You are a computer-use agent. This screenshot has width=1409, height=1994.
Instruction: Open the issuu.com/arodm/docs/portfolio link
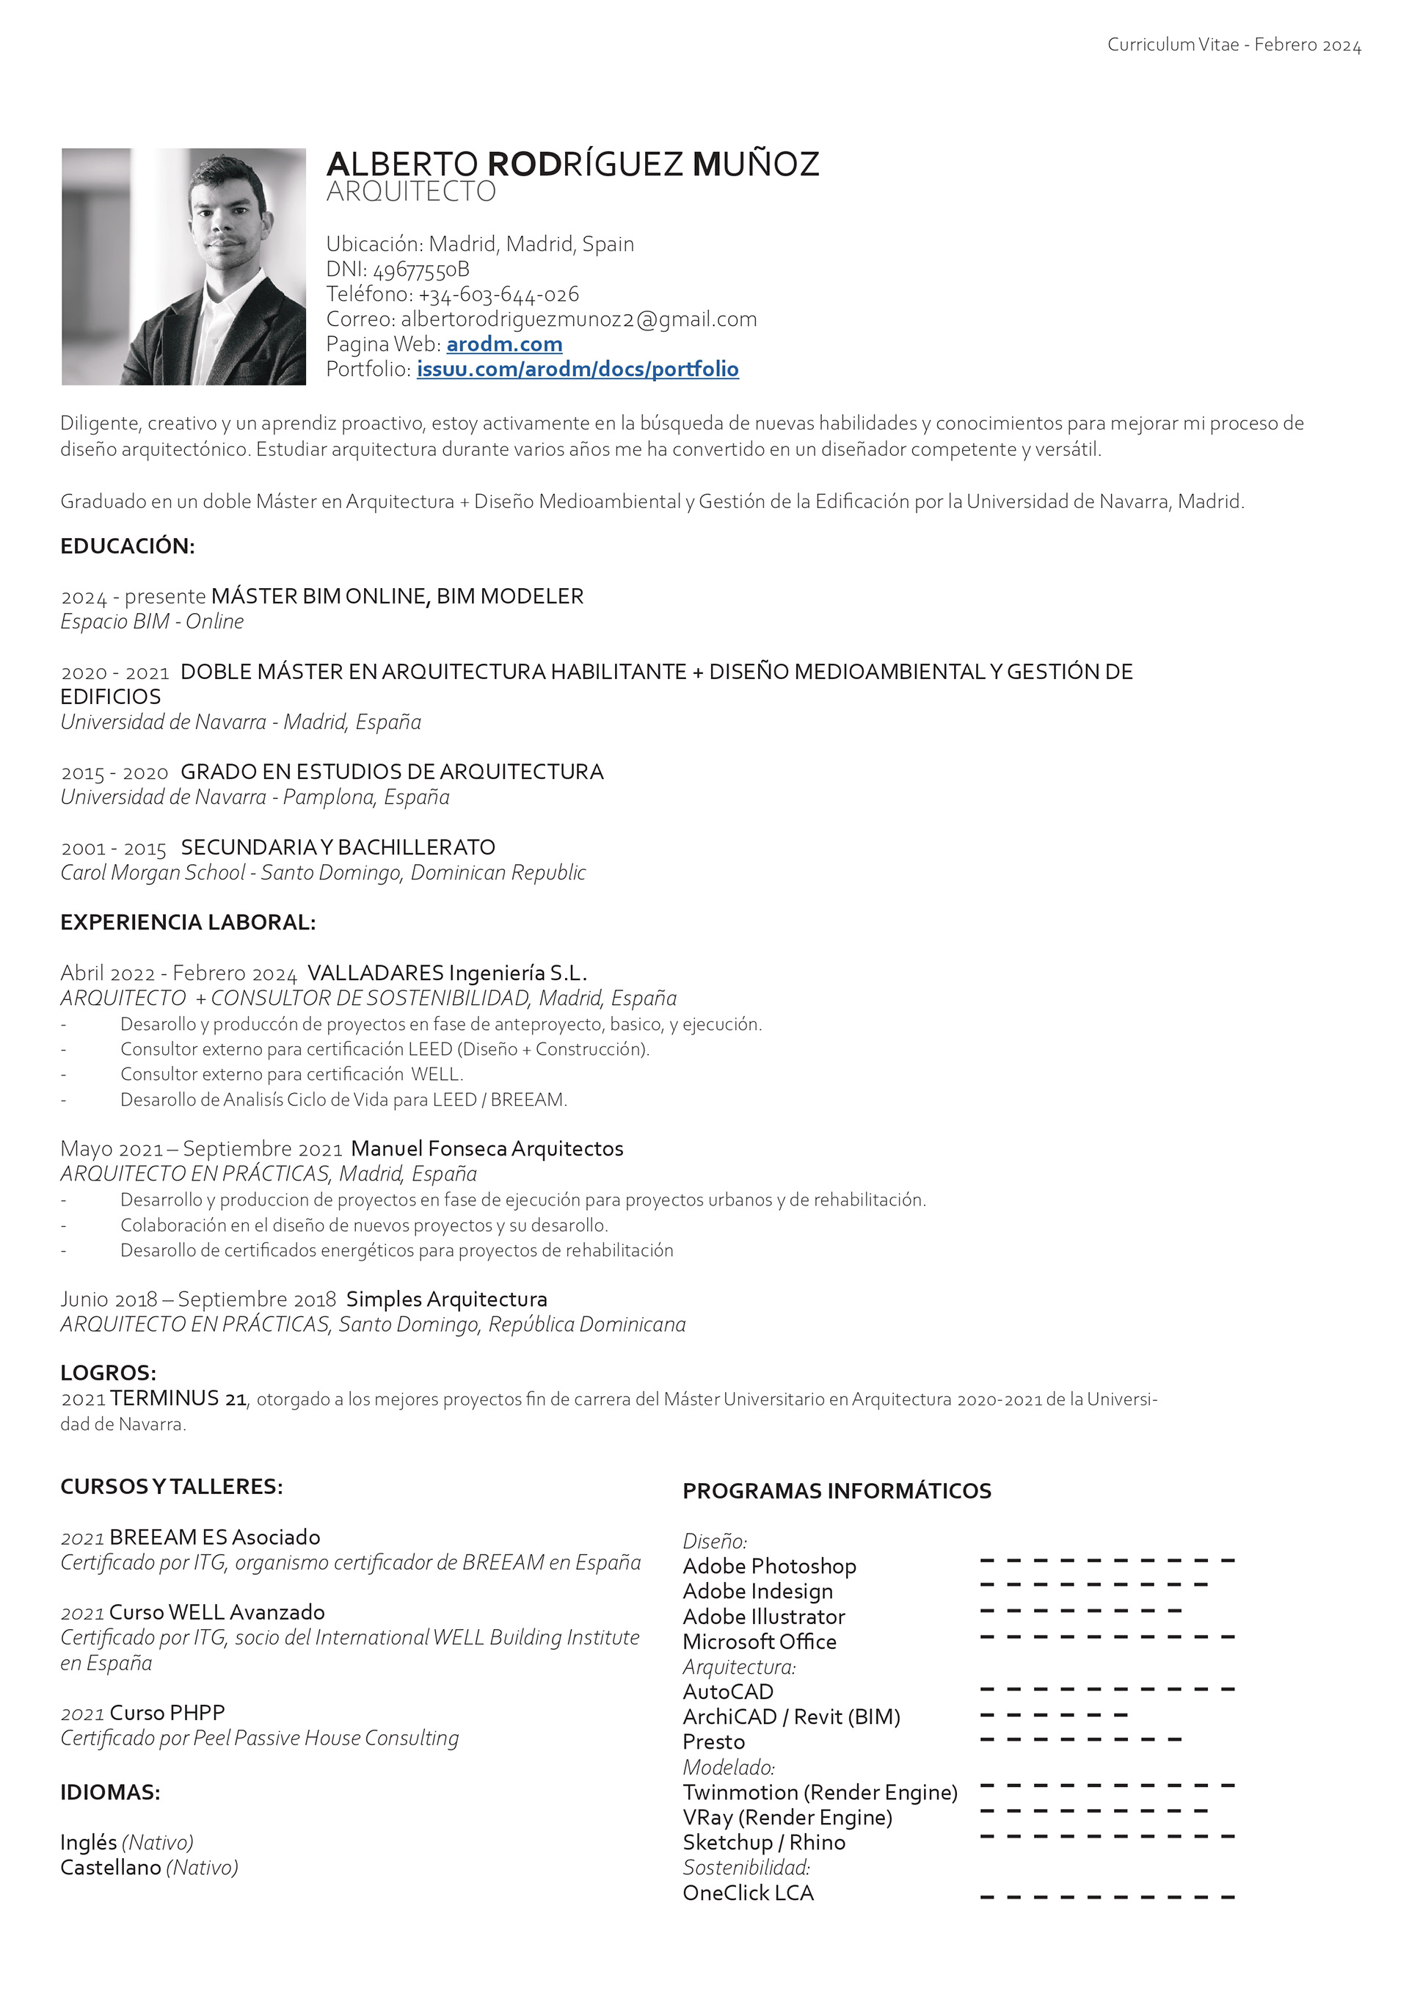click(x=578, y=369)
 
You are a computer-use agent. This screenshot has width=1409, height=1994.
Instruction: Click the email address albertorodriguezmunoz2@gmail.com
click(x=578, y=319)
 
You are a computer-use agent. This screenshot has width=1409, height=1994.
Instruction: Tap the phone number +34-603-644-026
click(x=498, y=294)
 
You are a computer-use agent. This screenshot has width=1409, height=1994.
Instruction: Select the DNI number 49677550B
click(x=421, y=269)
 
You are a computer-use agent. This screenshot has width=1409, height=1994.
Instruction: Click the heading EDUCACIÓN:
click(x=128, y=546)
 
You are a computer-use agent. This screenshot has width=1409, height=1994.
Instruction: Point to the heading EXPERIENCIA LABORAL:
click(x=188, y=922)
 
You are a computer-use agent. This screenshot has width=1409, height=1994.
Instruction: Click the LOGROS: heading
click(x=109, y=1372)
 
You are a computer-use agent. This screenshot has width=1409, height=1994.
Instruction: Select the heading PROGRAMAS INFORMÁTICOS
click(x=837, y=1491)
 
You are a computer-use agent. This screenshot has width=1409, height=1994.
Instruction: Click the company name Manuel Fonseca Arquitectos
click(x=487, y=1149)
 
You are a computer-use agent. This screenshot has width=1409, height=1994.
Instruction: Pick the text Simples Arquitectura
click(x=446, y=1299)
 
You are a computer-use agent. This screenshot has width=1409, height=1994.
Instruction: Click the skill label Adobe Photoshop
click(x=769, y=1566)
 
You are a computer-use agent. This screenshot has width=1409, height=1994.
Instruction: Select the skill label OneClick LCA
click(x=749, y=1893)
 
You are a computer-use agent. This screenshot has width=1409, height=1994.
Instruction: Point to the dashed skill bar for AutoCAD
click(x=1107, y=1690)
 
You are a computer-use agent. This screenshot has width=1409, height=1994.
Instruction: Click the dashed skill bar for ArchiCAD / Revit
click(x=1053, y=1715)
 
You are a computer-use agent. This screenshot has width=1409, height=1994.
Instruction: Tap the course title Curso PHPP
click(x=167, y=1713)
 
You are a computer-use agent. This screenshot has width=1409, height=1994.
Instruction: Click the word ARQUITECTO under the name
click(x=411, y=192)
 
